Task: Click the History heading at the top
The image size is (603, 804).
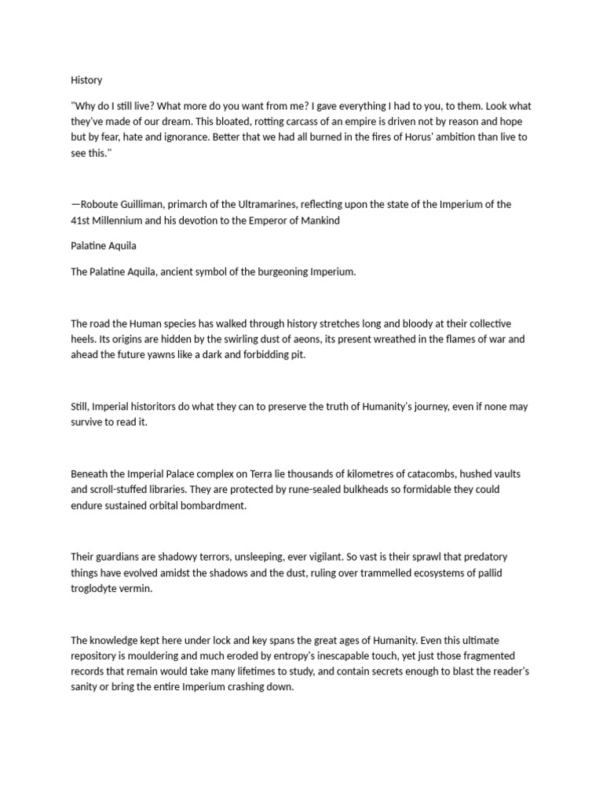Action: (x=86, y=80)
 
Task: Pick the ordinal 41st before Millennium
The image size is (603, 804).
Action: (x=82, y=220)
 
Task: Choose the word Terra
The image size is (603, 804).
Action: (x=263, y=473)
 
